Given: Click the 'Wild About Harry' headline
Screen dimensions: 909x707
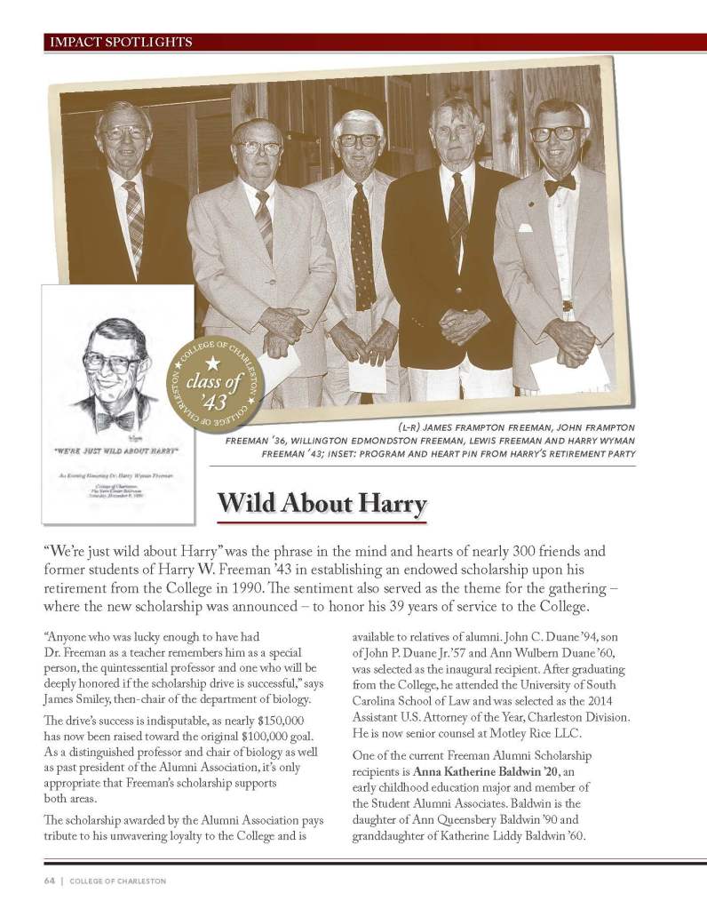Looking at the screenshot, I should point(322,502).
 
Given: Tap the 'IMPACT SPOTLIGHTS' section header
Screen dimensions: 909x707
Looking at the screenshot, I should point(119,41).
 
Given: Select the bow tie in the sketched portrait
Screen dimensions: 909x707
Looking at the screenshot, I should point(115,419).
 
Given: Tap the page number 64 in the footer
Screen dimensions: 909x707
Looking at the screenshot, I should point(50,881).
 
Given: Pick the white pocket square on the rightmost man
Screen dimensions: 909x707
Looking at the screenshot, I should point(525,227).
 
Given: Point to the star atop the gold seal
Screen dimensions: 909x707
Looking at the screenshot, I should point(212,362).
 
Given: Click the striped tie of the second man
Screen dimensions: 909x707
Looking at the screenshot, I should point(264,223).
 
